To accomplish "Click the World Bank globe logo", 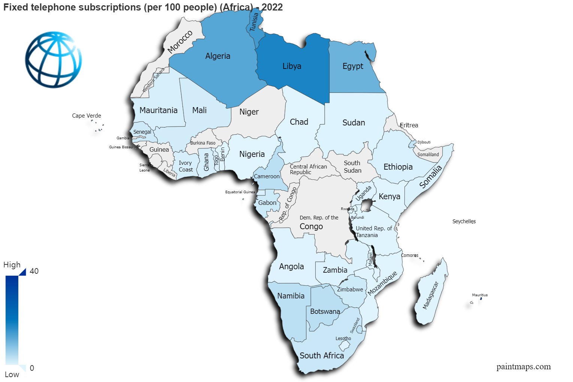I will [x=54, y=60].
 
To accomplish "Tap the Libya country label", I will [x=292, y=66].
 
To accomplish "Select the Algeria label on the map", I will [x=218, y=56].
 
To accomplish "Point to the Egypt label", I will [x=353, y=66].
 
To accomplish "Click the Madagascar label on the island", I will [x=430, y=295].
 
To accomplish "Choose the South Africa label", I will [x=322, y=356].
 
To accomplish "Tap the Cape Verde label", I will [x=87, y=116].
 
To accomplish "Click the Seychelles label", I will [x=464, y=221].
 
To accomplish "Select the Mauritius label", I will [x=480, y=295].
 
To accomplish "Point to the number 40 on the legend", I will [x=34, y=271].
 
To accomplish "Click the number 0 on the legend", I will [x=32, y=368].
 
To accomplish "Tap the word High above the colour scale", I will [x=12, y=265].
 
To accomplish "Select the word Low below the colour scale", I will [x=12, y=375].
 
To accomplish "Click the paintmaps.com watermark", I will [x=524, y=367].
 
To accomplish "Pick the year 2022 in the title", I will [x=272, y=7].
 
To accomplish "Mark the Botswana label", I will [x=325, y=312].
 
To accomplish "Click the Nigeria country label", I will [x=252, y=154].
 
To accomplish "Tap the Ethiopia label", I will [x=398, y=167].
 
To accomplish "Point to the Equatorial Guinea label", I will [x=240, y=192].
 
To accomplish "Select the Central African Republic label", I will [x=308, y=169].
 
